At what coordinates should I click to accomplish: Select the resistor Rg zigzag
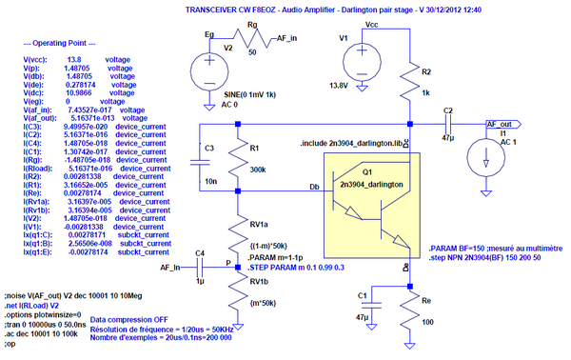[251, 41]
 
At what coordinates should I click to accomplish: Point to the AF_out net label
[502, 124]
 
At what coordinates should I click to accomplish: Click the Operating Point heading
[55, 45]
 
